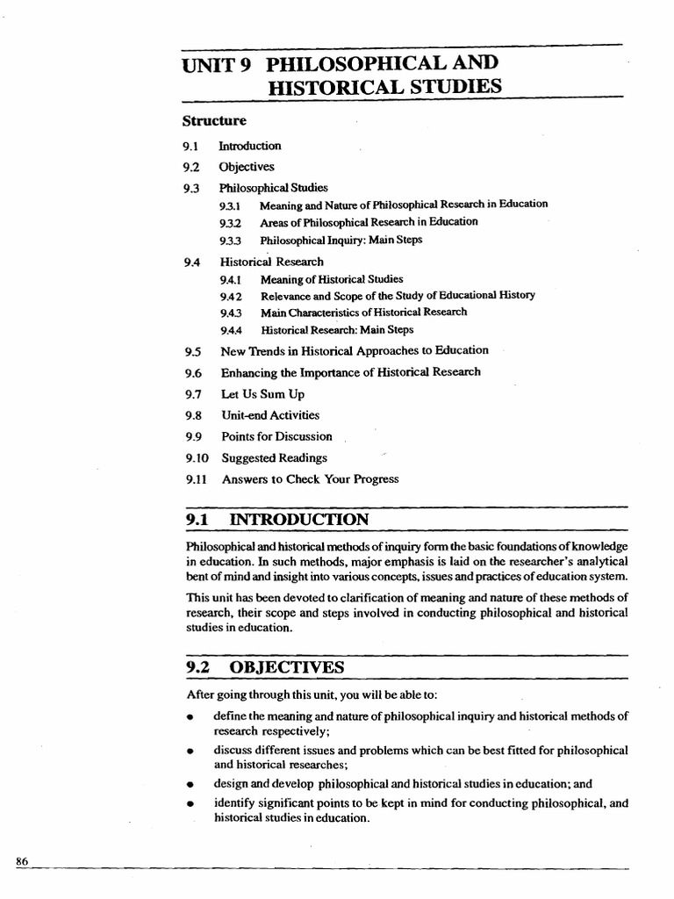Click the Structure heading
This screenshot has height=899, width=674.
click(214, 120)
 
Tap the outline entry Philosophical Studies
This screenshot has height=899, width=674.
click(273, 187)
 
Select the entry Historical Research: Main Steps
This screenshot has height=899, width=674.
click(336, 330)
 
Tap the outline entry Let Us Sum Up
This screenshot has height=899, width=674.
click(262, 394)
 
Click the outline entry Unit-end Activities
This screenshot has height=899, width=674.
click(269, 415)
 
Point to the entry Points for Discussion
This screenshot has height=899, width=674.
click(276, 436)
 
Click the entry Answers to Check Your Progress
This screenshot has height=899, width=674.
click(310, 479)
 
